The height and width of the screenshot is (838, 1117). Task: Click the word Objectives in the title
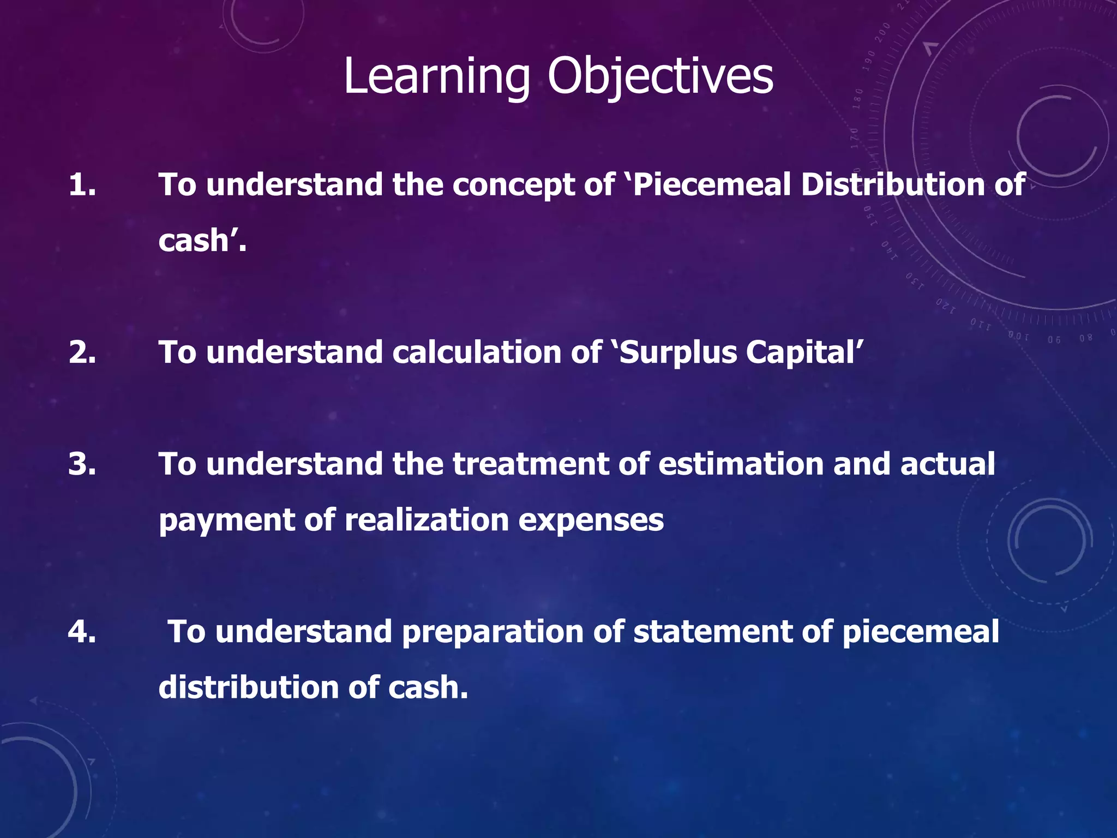(660, 77)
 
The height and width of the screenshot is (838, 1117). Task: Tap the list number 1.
(82, 184)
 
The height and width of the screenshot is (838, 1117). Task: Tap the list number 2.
(82, 352)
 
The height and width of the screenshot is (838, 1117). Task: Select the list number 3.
(82, 464)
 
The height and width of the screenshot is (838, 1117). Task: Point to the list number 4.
(82, 631)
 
